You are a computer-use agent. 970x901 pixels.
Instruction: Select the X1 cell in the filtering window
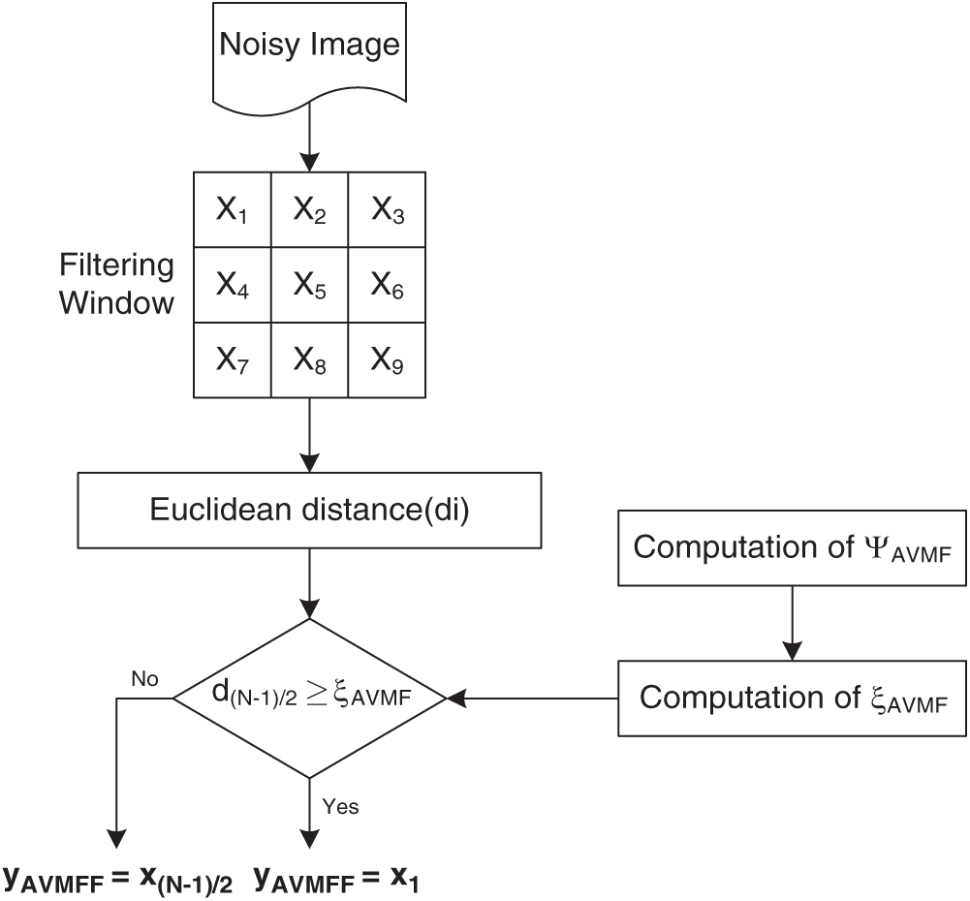pyautogui.click(x=232, y=209)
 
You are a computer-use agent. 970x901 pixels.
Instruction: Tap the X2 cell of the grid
pyautogui.click(x=309, y=209)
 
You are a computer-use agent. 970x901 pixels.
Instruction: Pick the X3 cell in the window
pyautogui.click(x=387, y=209)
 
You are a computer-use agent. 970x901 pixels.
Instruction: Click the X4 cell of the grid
pyautogui.click(x=232, y=285)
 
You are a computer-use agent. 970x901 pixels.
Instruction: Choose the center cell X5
pyautogui.click(x=309, y=285)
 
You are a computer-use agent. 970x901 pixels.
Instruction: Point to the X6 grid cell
pyautogui.click(x=387, y=285)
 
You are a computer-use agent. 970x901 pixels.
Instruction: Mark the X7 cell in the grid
pyautogui.click(x=232, y=359)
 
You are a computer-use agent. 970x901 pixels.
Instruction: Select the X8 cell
pyautogui.click(x=309, y=359)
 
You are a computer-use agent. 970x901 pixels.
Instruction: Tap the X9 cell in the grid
pyautogui.click(x=387, y=359)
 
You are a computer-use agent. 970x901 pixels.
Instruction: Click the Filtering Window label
pyautogui.click(x=116, y=284)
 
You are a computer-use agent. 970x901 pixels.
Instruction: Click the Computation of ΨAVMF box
pyautogui.click(x=792, y=547)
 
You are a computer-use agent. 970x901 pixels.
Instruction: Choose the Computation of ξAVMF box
pyautogui.click(x=792, y=698)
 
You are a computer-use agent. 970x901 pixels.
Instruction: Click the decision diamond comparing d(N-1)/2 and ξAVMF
pyautogui.click(x=308, y=697)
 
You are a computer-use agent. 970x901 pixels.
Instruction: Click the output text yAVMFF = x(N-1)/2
pyautogui.click(x=118, y=879)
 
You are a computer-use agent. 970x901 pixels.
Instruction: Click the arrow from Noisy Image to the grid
pyautogui.click(x=308, y=136)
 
